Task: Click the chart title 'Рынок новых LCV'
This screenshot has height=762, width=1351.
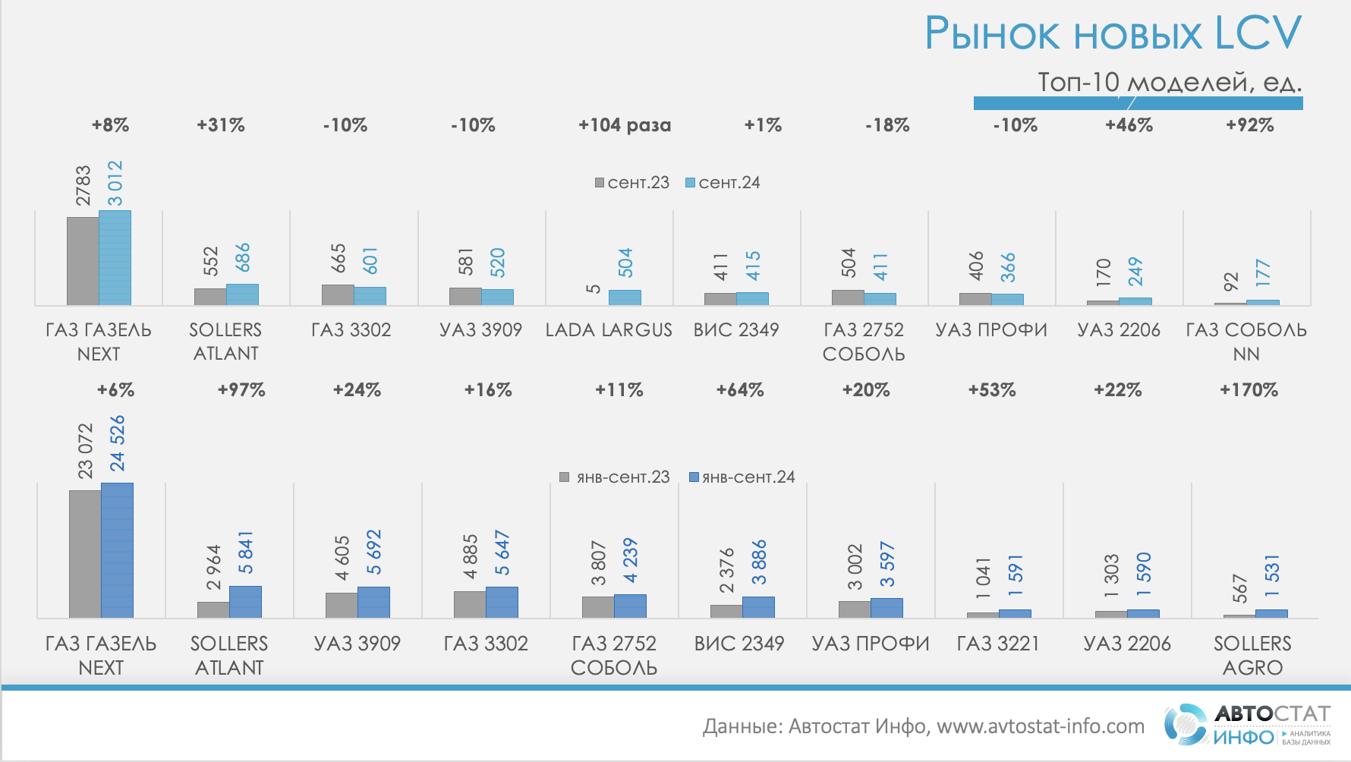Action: (1112, 34)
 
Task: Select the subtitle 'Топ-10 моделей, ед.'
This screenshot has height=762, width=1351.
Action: (1169, 82)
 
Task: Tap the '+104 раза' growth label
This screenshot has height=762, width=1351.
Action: (625, 125)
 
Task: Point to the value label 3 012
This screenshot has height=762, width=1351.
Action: (115, 183)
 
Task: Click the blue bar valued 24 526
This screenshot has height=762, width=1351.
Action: (117, 550)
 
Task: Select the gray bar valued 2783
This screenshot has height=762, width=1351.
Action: (83, 261)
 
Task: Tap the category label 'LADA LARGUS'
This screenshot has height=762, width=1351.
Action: (609, 330)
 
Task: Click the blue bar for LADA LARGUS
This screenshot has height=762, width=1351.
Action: (625, 298)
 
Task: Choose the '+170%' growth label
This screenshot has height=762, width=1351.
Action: (1249, 390)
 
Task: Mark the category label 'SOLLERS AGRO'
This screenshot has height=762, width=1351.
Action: (1252, 656)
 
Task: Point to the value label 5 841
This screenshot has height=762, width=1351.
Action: (246, 553)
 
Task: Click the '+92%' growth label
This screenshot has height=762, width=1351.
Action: (1249, 125)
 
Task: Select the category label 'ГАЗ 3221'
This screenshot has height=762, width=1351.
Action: (997, 644)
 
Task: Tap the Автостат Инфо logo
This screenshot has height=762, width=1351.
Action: (1248, 725)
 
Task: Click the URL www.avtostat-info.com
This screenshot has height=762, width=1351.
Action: (1041, 726)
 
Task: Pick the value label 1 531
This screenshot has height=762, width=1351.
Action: (1273, 575)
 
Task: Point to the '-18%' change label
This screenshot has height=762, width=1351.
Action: (887, 125)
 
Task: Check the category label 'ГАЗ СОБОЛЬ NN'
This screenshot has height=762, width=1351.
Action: (1246, 342)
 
